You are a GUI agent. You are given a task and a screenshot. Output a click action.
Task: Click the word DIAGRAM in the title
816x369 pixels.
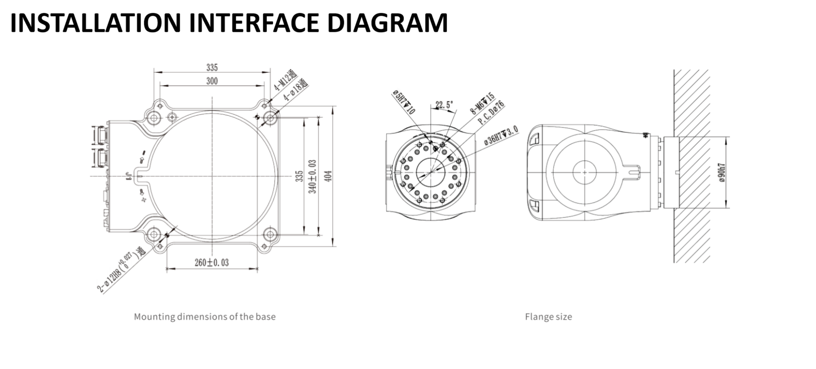(387, 23)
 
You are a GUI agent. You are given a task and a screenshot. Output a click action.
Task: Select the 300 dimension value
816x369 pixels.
(212, 81)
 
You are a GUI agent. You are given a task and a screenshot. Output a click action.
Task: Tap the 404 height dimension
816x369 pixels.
(328, 176)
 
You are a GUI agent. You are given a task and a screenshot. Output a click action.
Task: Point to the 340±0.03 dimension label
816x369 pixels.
(313, 176)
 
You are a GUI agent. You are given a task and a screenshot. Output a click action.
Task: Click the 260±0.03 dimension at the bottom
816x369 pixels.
(212, 262)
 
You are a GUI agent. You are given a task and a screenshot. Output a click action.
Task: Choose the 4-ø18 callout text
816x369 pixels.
(295, 90)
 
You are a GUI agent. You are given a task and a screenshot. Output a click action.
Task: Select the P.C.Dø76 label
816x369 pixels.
(491, 113)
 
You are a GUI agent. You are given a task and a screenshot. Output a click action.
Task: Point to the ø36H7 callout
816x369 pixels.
(501, 136)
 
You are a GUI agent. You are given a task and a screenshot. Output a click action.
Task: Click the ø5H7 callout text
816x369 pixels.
(403, 102)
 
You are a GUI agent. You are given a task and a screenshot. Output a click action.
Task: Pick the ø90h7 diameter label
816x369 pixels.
(722, 172)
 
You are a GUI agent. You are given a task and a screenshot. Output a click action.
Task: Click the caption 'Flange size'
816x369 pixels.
(548, 316)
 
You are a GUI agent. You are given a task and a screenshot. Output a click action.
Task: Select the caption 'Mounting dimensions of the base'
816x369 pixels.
(205, 316)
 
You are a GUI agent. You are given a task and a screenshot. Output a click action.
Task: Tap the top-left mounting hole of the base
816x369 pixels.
(155, 118)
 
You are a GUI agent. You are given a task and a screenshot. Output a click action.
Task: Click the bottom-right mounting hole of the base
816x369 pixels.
(270, 235)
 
